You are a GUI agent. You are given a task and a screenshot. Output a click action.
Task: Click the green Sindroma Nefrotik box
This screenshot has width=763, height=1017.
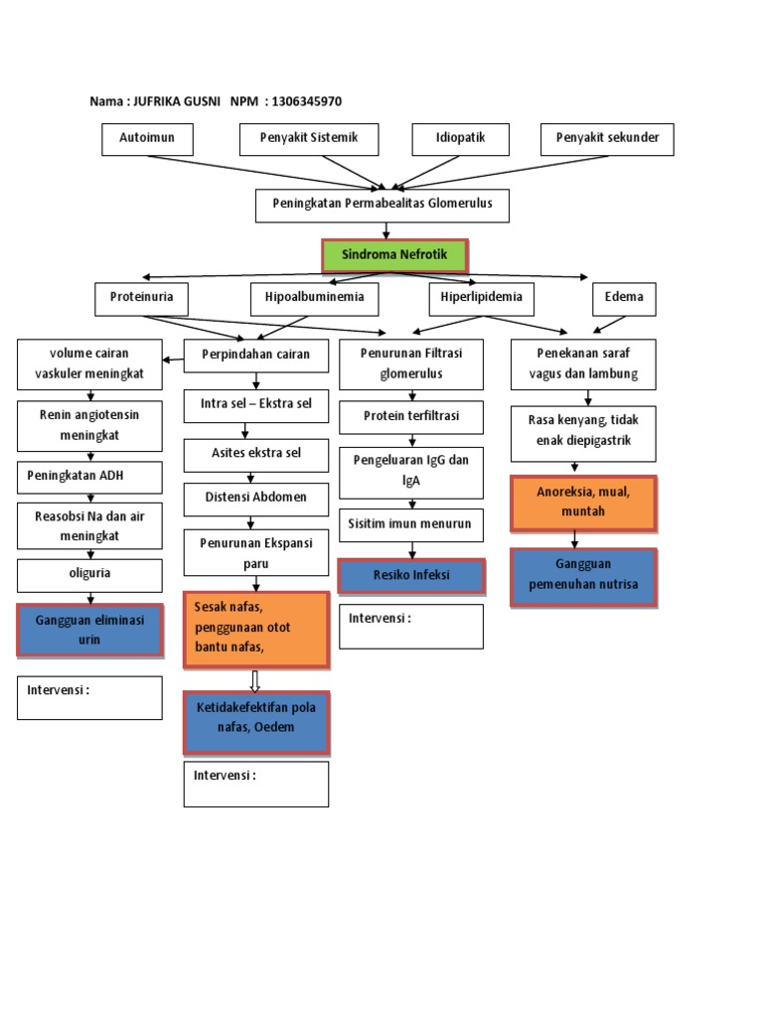point(394,255)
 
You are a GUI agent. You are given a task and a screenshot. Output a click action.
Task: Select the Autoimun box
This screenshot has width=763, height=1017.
point(147,139)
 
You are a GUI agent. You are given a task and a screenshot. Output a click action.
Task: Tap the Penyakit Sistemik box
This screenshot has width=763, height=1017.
point(311,139)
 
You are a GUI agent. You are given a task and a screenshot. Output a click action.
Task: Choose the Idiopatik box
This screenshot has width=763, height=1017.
point(460,139)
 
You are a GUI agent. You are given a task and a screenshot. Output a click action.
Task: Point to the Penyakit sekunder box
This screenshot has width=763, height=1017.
point(607,139)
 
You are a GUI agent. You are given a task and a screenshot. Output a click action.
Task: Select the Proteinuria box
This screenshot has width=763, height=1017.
point(141,298)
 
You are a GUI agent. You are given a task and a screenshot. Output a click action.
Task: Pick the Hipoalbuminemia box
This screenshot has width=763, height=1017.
point(314,298)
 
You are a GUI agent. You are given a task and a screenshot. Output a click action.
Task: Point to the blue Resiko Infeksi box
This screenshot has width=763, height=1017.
point(411,576)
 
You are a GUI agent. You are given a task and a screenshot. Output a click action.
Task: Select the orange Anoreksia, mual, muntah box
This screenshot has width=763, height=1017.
point(583,503)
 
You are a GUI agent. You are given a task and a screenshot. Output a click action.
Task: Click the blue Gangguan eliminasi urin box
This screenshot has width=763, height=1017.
point(89,630)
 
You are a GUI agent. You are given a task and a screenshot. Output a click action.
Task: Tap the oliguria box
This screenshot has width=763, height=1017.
point(89,575)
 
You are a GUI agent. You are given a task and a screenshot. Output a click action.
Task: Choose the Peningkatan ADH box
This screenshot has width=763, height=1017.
point(89,476)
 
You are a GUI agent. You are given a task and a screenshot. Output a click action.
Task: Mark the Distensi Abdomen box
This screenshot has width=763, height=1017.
point(256,498)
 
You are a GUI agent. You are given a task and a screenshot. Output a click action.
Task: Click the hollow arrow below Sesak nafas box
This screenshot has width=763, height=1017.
point(255,680)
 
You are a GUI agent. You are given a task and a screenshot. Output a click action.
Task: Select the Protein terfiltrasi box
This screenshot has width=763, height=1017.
point(411,417)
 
